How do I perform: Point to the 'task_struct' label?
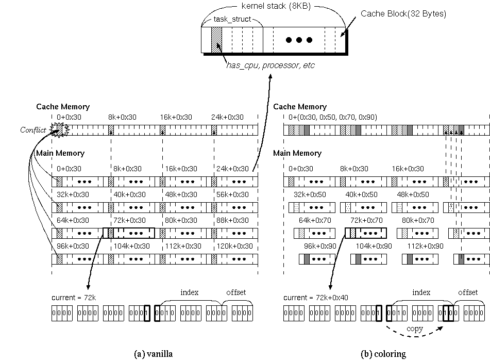(232, 19)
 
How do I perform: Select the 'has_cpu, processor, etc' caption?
(270, 66)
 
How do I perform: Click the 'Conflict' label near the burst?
(33, 130)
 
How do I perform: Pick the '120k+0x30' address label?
(234, 246)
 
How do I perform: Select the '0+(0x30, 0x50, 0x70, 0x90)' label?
(332, 117)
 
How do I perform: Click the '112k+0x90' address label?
(426, 246)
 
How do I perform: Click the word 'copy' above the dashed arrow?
(415, 328)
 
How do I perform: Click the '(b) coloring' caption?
(384, 353)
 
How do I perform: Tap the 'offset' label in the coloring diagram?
(467, 292)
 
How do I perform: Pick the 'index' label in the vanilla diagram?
(189, 292)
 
